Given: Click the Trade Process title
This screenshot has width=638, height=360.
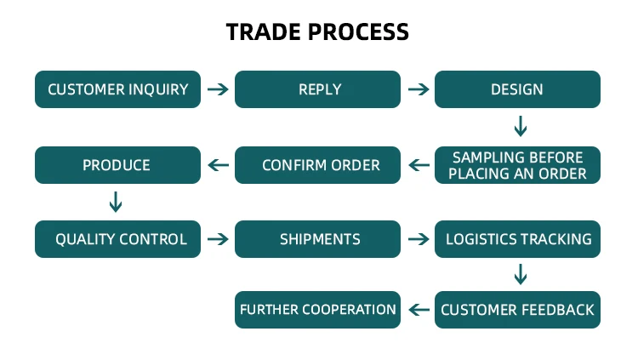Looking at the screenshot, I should pyautogui.click(x=317, y=32).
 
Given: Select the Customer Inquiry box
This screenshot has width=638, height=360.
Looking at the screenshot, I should pyautogui.click(x=117, y=89).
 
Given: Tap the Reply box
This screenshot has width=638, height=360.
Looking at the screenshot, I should pyautogui.click(x=317, y=89).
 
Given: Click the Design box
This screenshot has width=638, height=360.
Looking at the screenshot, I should pyautogui.click(x=517, y=89).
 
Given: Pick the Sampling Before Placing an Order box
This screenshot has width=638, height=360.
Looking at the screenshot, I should pyautogui.click(x=517, y=165).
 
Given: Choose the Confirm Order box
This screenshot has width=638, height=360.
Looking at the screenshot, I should pyautogui.click(x=317, y=165).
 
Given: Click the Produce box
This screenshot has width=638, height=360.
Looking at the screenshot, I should pyautogui.click(x=117, y=165).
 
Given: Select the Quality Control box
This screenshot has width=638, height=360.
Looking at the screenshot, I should pyautogui.click(x=117, y=239).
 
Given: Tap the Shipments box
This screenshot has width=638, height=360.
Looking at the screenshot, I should pyautogui.click(x=317, y=239).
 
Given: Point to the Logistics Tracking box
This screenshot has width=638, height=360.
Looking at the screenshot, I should pyautogui.click(x=517, y=239).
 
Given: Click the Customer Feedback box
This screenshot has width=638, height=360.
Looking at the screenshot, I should pyautogui.click(x=517, y=310).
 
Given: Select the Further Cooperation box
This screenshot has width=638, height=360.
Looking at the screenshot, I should pyautogui.click(x=317, y=310).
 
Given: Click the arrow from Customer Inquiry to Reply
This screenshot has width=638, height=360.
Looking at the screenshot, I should pyautogui.click(x=218, y=89).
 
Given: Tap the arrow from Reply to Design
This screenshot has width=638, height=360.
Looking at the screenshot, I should pyautogui.click(x=418, y=89).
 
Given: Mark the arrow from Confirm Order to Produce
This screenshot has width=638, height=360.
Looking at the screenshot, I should pyautogui.click(x=218, y=165).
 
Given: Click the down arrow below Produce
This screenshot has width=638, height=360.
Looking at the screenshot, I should pyautogui.click(x=117, y=202).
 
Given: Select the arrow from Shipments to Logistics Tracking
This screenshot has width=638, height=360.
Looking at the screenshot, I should pyautogui.click(x=418, y=239).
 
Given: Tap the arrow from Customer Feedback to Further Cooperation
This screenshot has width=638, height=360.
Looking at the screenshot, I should pyautogui.click(x=418, y=310).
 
